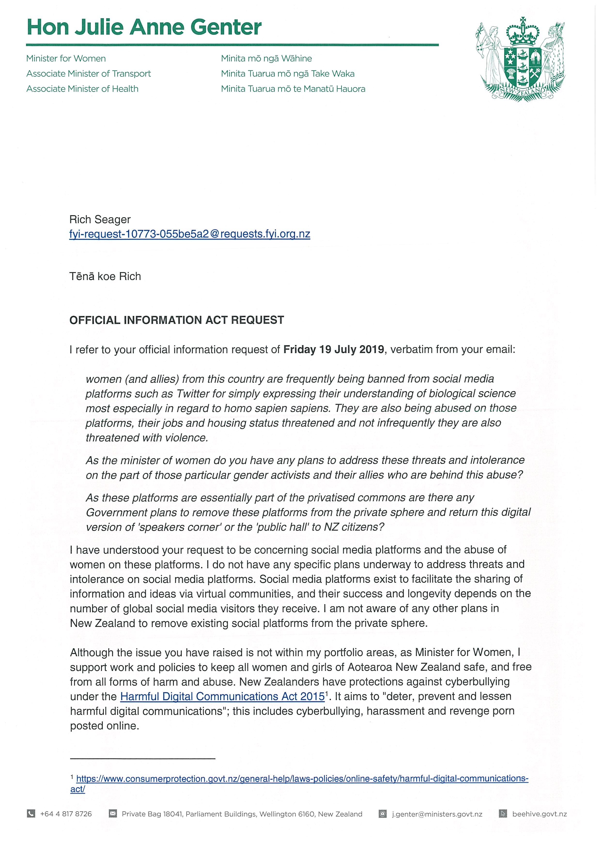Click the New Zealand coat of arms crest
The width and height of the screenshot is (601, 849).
522,59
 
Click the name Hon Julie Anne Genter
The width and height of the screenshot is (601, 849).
144,27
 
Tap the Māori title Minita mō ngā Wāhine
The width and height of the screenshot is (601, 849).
266,59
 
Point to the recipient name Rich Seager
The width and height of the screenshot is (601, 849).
100,219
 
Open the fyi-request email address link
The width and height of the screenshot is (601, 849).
190,234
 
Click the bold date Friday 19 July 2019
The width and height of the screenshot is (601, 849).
333,350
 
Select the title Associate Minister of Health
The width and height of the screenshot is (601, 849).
82,89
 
